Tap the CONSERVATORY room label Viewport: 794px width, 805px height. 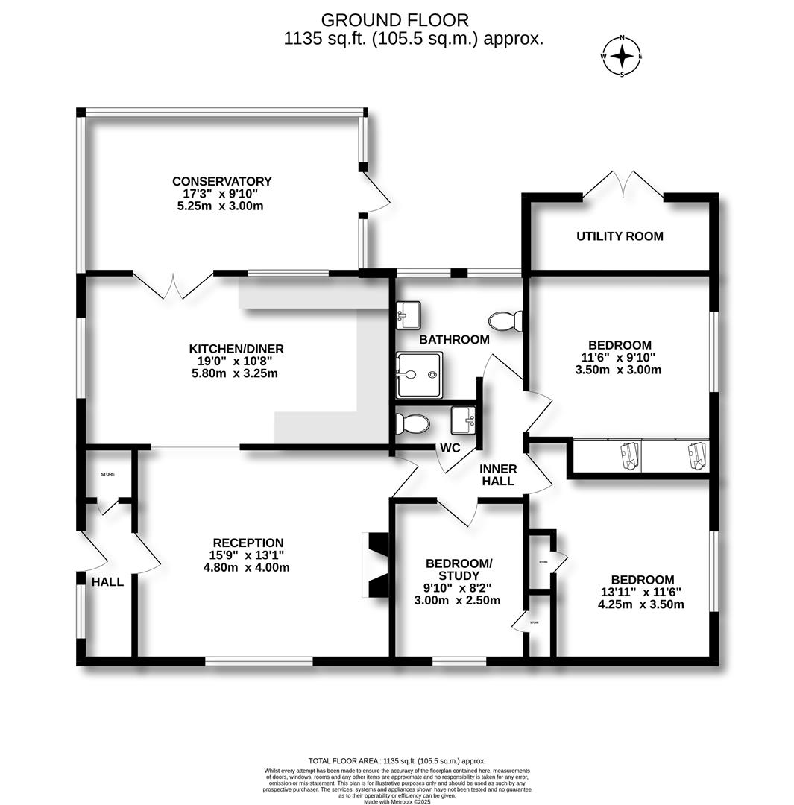point(221,181)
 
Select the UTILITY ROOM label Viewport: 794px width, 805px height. point(620,236)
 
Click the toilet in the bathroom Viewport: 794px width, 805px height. point(506,321)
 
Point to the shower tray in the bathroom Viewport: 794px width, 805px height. point(419,375)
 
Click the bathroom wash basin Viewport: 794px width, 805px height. point(408,315)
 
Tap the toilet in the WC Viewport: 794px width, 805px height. point(412,424)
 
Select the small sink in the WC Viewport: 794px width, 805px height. point(463,420)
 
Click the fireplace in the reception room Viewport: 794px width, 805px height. point(375,564)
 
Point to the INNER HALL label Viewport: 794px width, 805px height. point(497,475)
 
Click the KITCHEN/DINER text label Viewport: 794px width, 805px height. point(236,349)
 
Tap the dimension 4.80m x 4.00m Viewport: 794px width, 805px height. point(246,567)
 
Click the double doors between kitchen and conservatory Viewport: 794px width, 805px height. point(173,285)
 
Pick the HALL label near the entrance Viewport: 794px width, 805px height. point(107,581)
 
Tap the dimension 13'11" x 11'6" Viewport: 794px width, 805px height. point(642,592)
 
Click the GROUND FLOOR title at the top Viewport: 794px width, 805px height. point(394,20)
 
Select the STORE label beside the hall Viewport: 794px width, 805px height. point(108,473)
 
